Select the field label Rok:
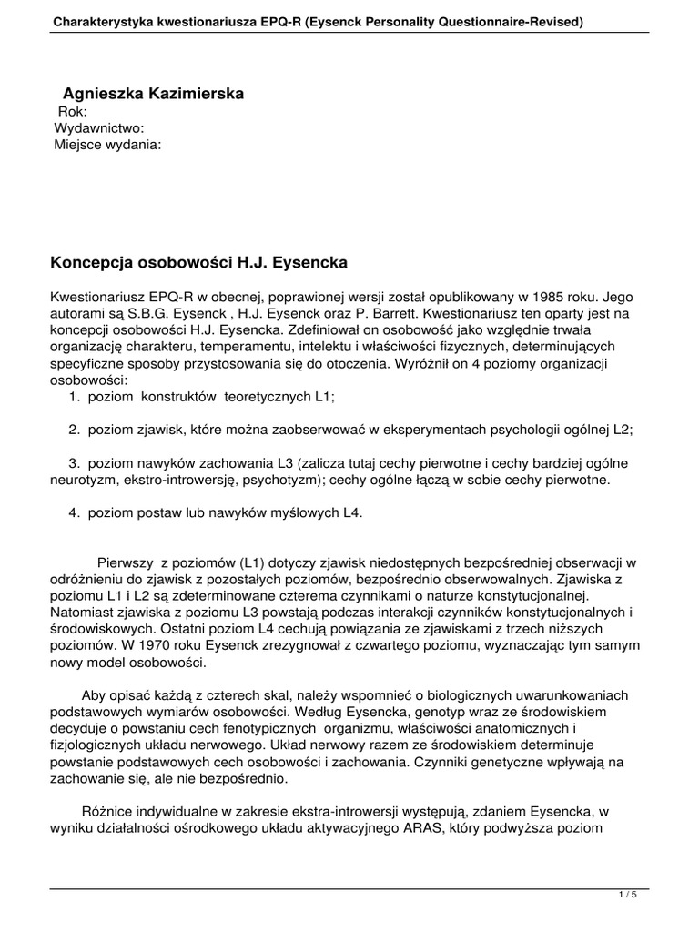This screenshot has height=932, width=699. tap(72, 112)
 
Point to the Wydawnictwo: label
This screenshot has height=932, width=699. tap(99, 128)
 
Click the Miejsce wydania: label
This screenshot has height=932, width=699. tap(108, 145)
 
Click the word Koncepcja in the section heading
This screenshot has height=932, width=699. tap(89, 262)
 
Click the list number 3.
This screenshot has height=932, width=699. tap(73, 462)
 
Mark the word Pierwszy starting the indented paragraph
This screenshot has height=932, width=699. tap(126, 562)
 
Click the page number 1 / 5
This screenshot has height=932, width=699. tap(627, 897)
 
